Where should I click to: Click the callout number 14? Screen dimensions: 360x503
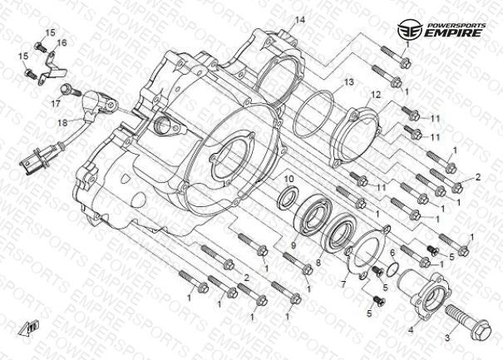(300, 20)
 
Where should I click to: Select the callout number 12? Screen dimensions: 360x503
(376, 95)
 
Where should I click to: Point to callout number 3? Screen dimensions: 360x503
(446, 338)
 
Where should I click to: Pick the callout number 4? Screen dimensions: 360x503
(411, 329)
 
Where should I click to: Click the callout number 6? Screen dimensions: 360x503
(391, 252)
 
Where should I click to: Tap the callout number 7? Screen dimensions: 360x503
(343, 284)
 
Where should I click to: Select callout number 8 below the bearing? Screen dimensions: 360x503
(317, 262)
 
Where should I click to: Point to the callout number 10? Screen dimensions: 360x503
(289, 180)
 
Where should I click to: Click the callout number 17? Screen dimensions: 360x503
(56, 104)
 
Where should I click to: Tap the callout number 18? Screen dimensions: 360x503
(62, 122)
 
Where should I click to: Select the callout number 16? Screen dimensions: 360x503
(62, 42)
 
